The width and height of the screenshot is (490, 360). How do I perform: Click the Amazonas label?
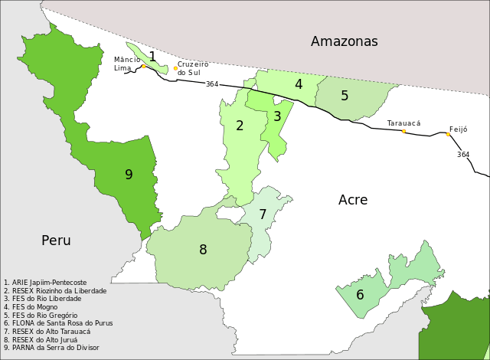pyautogui.click(x=344, y=41)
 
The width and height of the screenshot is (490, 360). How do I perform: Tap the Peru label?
pyautogui.click(x=56, y=241)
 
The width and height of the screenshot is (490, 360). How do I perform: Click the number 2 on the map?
pyautogui.click(x=240, y=126)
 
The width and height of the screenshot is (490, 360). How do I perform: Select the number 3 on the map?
pyautogui.click(x=277, y=116)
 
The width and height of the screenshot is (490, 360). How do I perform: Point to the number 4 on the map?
pyautogui.click(x=299, y=84)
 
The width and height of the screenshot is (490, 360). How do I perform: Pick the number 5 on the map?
pyautogui.click(x=345, y=96)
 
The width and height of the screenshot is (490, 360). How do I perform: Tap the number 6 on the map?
pyautogui.click(x=360, y=295)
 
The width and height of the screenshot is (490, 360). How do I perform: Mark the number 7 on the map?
pyautogui.click(x=263, y=214)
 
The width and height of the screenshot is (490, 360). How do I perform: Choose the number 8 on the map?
pyautogui.click(x=203, y=250)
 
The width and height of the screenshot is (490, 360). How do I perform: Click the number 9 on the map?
pyautogui.click(x=129, y=175)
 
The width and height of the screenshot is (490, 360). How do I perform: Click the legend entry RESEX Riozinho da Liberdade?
pyautogui.click(x=55, y=291)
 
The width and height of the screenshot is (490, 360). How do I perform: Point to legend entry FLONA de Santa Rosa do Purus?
pyautogui.click(x=58, y=323)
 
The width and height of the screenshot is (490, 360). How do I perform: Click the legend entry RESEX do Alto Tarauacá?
pyautogui.click(x=47, y=332)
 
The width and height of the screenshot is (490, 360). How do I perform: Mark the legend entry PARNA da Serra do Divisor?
pyautogui.click(x=51, y=348)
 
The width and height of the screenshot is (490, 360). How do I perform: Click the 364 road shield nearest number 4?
pyautogui.click(x=212, y=83)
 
